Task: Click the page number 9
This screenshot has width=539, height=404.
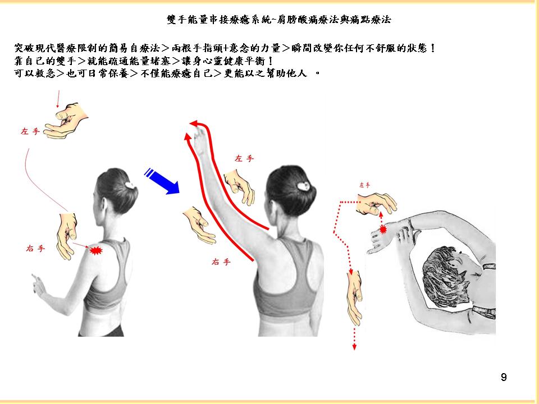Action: [x=504, y=377]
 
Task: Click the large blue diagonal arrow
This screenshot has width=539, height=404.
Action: [x=162, y=181]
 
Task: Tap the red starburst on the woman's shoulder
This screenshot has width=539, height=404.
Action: [x=96, y=250]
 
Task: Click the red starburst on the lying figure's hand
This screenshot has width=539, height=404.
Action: [x=382, y=229]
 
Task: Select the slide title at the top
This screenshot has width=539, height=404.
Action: [x=279, y=20]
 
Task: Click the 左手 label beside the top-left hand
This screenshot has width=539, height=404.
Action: [x=30, y=131]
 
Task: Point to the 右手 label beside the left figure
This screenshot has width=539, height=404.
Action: [x=35, y=248]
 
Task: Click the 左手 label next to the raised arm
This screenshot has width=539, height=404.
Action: [x=244, y=158]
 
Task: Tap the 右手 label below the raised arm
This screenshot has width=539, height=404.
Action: [x=221, y=262]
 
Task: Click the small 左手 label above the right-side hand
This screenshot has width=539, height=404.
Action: [x=365, y=185]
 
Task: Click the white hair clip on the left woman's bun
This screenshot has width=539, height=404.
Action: [x=130, y=186]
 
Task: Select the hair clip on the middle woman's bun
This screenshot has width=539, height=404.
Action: [x=304, y=186]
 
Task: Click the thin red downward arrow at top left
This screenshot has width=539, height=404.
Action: [x=58, y=99]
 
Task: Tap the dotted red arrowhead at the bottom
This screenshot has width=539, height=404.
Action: [x=354, y=347]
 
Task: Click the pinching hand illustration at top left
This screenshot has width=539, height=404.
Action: [x=66, y=120]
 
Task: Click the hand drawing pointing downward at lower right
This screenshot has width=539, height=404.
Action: [x=355, y=298]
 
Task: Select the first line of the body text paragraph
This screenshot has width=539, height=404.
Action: [x=225, y=48]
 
